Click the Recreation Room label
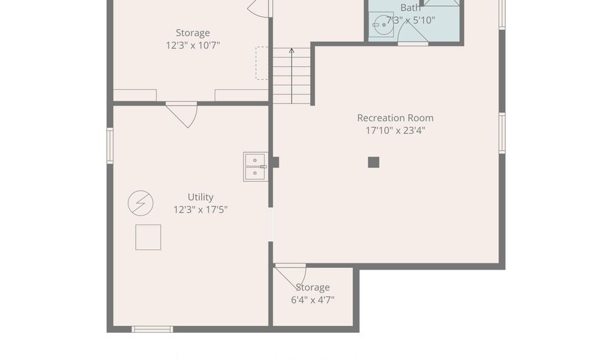(395, 118)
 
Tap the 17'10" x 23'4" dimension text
(395, 131)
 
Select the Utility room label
(200, 197)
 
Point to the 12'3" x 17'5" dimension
(200, 210)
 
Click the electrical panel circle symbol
(141, 203)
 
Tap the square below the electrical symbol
(148, 237)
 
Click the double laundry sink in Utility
(255, 167)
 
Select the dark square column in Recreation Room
(373, 162)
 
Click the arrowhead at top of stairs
(292, 50)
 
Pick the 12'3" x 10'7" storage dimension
(193, 46)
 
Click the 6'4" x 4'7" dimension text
(313, 300)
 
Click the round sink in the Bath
(381, 24)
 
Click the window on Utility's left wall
(110, 146)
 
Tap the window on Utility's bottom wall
(152, 329)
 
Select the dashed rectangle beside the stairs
(262, 63)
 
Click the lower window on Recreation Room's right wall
(502, 133)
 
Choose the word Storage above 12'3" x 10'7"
(193, 33)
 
